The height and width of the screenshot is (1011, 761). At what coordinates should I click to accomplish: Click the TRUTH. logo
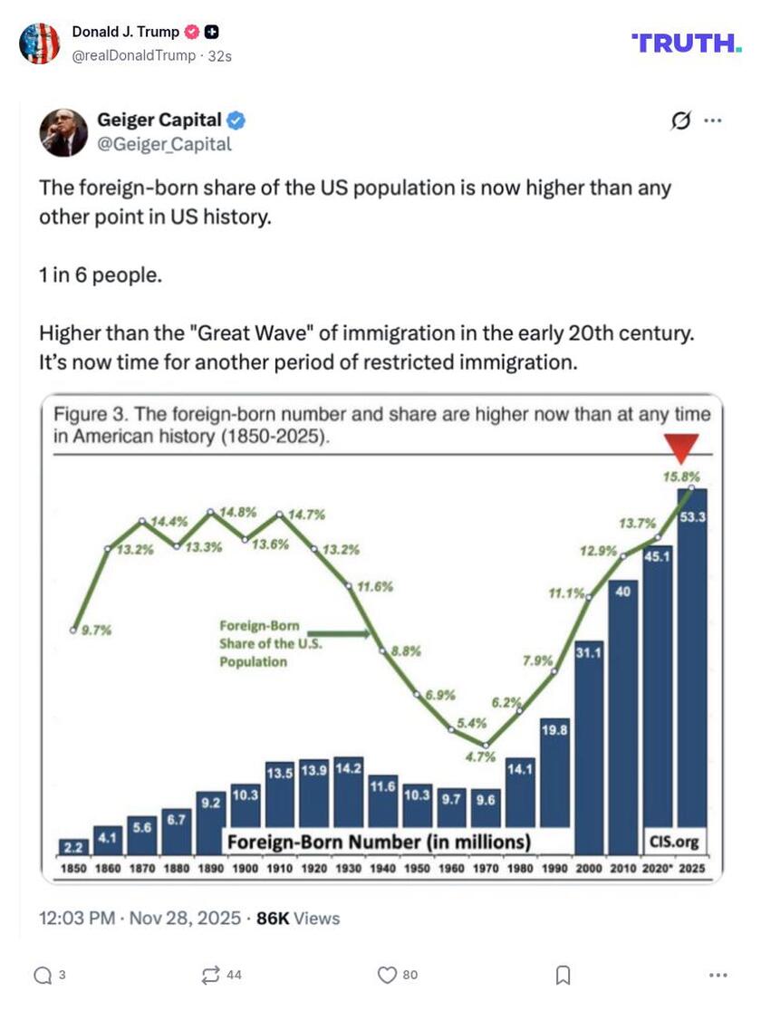coord(686,43)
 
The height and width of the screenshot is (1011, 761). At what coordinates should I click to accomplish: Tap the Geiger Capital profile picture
coord(63,132)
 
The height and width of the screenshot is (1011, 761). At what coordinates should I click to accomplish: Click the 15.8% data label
coord(681,476)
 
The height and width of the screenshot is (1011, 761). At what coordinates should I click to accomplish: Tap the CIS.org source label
coord(674,842)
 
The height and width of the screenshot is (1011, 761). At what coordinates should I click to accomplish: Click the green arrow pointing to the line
coord(349,635)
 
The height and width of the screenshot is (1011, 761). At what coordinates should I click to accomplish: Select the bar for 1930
coord(348,804)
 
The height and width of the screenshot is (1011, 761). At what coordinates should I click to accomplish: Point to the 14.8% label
coord(238,512)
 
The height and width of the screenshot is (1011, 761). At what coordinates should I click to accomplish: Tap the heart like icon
coord(387,975)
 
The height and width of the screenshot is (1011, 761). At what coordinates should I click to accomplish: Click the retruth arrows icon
coord(211,975)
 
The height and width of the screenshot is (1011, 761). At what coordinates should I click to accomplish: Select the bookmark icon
coord(563,975)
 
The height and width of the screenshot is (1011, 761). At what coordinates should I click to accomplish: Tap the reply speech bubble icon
coord(43,975)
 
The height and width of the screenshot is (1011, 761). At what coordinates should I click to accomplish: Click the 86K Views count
coord(298,918)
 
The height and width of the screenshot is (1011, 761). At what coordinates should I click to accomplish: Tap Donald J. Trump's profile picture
coord(39,43)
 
